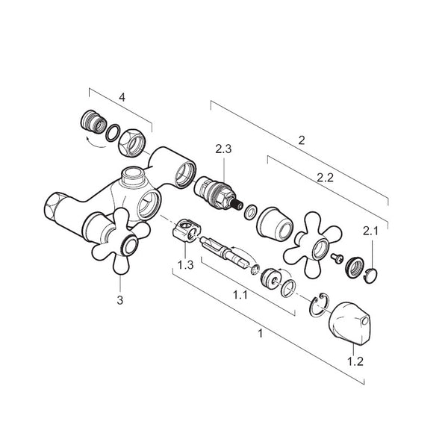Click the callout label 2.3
[223, 149]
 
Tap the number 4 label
[122, 97]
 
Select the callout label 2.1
[370, 231]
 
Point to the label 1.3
[185, 265]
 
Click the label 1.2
[355, 361]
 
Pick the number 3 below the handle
[120, 300]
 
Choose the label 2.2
[325, 178]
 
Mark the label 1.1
[240, 294]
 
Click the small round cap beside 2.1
[370, 275]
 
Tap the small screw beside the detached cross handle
[337, 259]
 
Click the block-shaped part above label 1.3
[187, 231]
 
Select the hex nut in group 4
[132, 143]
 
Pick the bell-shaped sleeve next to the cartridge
[275, 222]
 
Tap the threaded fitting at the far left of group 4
[93, 122]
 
